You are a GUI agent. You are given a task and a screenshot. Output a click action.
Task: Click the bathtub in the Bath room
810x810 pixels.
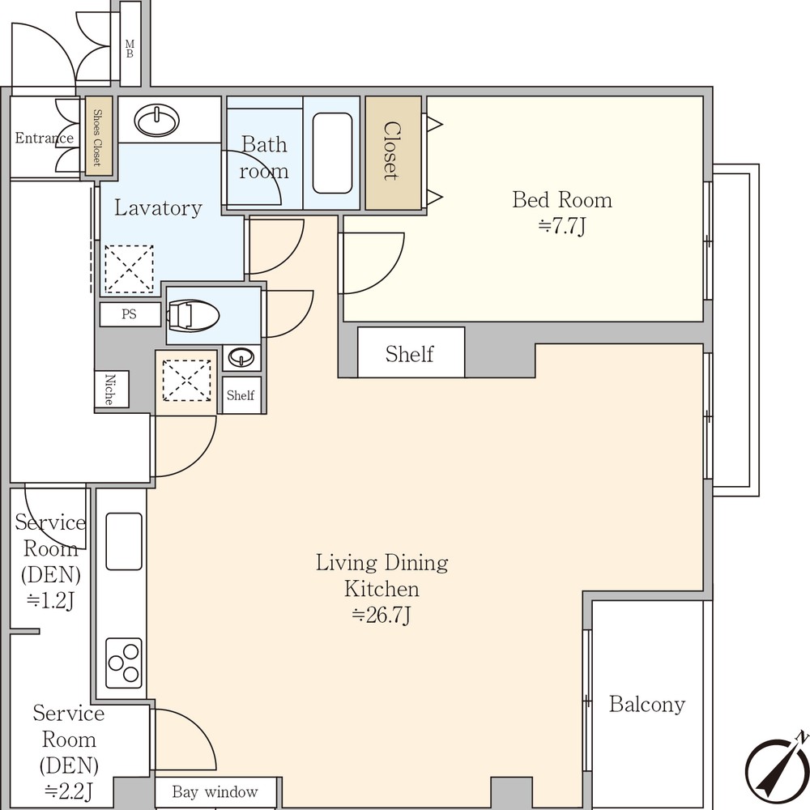[x=332, y=153]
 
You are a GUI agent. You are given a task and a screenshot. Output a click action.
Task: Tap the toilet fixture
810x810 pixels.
[x=193, y=314]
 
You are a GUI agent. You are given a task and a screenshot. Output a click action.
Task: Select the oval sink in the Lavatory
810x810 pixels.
[x=157, y=121]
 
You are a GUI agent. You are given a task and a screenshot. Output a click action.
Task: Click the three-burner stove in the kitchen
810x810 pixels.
[x=123, y=663]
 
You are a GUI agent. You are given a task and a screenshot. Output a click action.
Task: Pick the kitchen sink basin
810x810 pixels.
[x=124, y=541]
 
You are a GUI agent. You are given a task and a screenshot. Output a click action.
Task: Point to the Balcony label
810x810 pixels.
[x=646, y=704]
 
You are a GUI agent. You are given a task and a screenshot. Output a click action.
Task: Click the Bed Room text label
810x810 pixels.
[x=562, y=200]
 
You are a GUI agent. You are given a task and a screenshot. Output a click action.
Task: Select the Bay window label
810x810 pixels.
[x=215, y=791]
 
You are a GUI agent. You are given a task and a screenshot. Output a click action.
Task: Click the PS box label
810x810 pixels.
[x=129, y=314]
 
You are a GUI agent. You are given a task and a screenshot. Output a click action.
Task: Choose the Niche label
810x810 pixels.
[x=109, y=389]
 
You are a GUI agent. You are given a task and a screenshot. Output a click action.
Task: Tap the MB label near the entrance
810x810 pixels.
[x=130, y=49]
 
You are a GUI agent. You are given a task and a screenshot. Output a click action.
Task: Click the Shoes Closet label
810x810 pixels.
[x=97, y=138]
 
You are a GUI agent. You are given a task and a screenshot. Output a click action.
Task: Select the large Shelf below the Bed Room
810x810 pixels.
[x=410, y=354]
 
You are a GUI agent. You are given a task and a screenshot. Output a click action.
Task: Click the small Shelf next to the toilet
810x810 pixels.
[x=241, y=395]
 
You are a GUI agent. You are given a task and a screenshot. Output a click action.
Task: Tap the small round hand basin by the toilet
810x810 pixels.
[x=241, y=357]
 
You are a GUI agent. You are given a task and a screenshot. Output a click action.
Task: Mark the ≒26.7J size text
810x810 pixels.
[x=382, y=616]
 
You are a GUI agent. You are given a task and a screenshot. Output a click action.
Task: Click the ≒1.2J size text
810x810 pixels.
[x=50, y=600]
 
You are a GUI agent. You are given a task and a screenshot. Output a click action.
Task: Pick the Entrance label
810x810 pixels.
[x=44, y=138]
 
